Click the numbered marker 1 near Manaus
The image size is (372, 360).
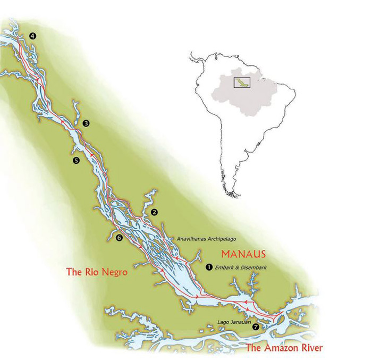[208, 267]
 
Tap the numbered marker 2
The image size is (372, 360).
[155, 212]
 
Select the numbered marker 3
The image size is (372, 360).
[86, 123]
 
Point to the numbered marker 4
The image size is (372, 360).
[33, 36]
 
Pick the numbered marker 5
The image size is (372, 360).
[75, 160]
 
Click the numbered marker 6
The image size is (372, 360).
[119, 238]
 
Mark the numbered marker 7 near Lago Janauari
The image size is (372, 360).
[256, 327]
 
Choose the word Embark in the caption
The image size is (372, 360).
[226, 267]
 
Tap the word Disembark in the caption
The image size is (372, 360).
[252, 267]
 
